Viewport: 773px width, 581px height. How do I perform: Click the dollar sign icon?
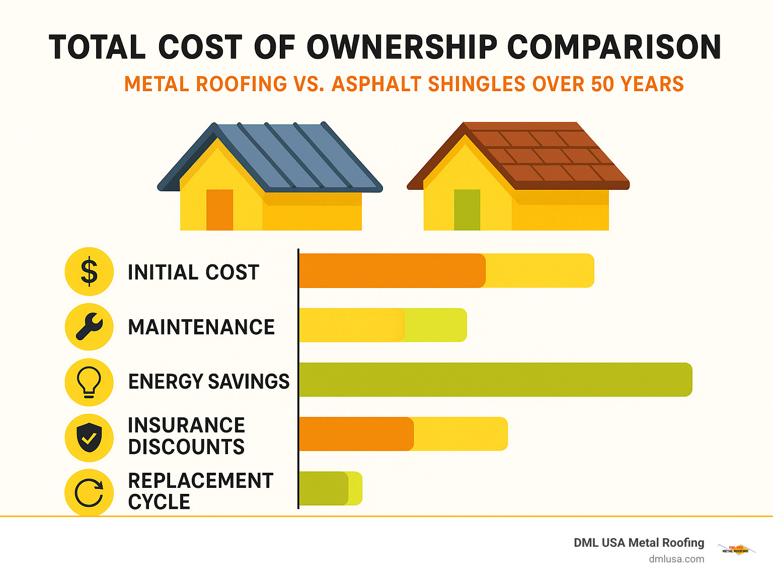(x=89, y=271)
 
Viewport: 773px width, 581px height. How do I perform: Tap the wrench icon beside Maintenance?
(x=89, y=326)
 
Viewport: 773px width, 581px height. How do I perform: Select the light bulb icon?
(x=89, y=382)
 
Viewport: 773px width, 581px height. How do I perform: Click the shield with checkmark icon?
(x=89, y=438)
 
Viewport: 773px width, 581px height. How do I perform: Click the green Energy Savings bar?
(x=496, y=380)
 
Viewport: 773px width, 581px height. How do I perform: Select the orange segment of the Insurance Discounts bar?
(x=356, y=434)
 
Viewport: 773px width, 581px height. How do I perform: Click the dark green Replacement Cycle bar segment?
(x=323, y=488)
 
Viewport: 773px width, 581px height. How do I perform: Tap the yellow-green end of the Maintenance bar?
(x=436, y=325)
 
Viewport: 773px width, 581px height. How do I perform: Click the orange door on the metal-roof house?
(x=219, y=210)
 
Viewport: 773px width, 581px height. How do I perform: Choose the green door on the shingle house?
(x=467, y=210)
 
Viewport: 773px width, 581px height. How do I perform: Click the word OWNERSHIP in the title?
(x=402, y=47)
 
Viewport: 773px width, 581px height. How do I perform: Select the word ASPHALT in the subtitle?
(x=376, y=84)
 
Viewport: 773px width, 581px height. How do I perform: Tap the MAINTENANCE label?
(x=201, y=327)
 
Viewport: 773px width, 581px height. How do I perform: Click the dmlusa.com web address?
(x=676, y=559)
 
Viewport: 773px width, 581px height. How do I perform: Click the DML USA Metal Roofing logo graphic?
(x=736, y=549)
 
